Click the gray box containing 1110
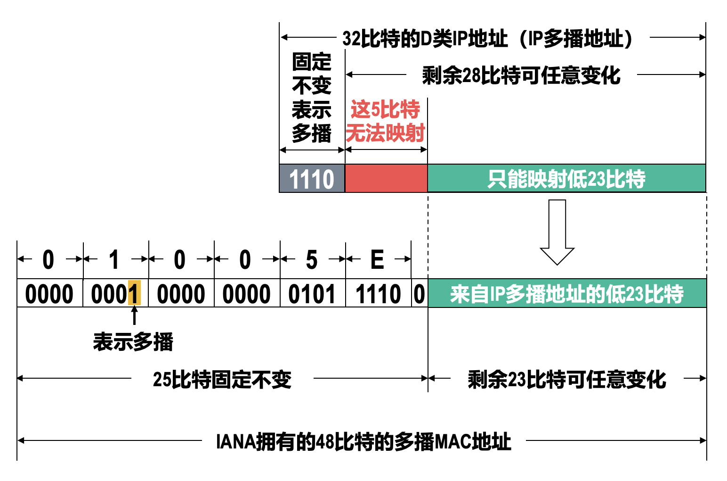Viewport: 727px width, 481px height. point(312,179)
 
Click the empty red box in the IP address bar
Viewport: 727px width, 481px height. point(386,178)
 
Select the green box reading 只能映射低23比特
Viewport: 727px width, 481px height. point(566,178)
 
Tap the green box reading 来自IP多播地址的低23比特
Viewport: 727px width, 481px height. point(567,293)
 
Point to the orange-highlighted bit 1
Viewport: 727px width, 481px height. point(134,293)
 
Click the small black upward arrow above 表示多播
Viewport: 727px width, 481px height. point(135,315)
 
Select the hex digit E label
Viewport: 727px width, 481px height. point(377,259)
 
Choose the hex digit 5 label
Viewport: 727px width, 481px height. point(312,259)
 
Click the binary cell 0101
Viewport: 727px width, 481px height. point(312,294)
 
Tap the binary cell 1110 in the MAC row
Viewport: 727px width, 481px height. point(378,294)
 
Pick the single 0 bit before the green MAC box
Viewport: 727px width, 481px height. point(419,294)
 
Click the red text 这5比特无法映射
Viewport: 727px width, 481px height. point(386,121)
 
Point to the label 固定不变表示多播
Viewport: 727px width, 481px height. point(312,98)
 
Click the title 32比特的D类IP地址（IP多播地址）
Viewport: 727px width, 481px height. point(488,38)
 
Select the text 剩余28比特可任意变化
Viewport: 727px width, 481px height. point(521,75)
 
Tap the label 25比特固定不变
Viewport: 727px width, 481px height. point(222,379)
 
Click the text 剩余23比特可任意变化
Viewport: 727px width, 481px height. point(567,379)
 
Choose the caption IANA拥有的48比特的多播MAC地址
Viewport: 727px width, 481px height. point(363,441)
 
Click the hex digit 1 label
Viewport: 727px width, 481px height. point(114,259)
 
